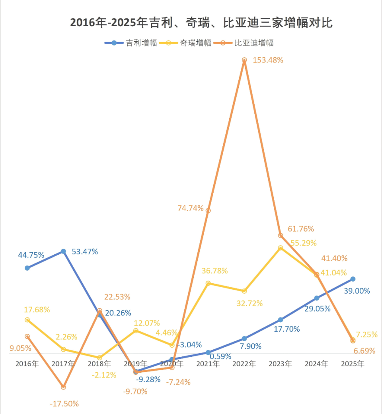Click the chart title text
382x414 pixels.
[201, 23]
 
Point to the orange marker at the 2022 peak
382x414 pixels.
[244, 60]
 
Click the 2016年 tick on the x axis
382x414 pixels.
[27, 364]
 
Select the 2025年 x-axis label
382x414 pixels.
[353, 364]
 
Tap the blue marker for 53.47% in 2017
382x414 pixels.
[63, 251]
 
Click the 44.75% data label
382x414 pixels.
[31, 255]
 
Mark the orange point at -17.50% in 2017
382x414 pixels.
[63, 387]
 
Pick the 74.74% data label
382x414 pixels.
[190, 208]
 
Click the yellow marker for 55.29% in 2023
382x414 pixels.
[281, 248]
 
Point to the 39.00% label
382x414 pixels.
[357, 291]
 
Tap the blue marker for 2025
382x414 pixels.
[353, 279]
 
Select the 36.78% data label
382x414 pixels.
[214, 271]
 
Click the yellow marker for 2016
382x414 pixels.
[27, 320]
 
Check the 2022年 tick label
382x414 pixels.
[244, 364]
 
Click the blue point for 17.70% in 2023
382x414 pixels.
[281, 320]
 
